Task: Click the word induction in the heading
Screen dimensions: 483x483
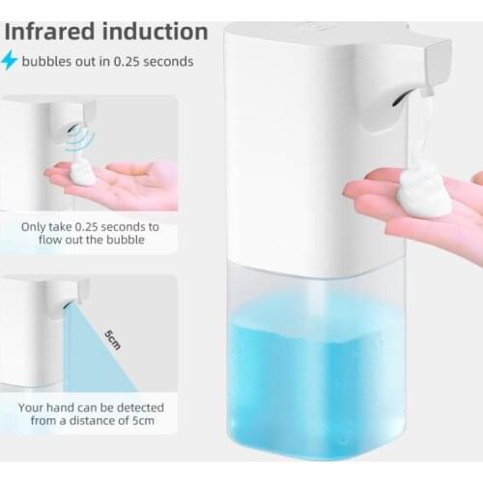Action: click(156, 31)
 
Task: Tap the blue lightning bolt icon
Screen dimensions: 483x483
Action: click(10, 61)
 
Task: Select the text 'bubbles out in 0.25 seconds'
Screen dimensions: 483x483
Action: click(107, 62)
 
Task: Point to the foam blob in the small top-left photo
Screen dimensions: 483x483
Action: click(83, 174)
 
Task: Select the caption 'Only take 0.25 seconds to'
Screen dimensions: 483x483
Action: click(90, 228)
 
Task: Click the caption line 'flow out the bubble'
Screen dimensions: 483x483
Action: click(90, 243)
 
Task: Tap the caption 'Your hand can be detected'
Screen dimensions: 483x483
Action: click(90, 408)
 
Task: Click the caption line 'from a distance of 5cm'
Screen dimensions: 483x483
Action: click(90, 423)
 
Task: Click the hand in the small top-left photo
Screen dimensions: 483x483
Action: click(126, 184)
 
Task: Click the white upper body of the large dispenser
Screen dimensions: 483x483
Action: click(309, 145)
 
